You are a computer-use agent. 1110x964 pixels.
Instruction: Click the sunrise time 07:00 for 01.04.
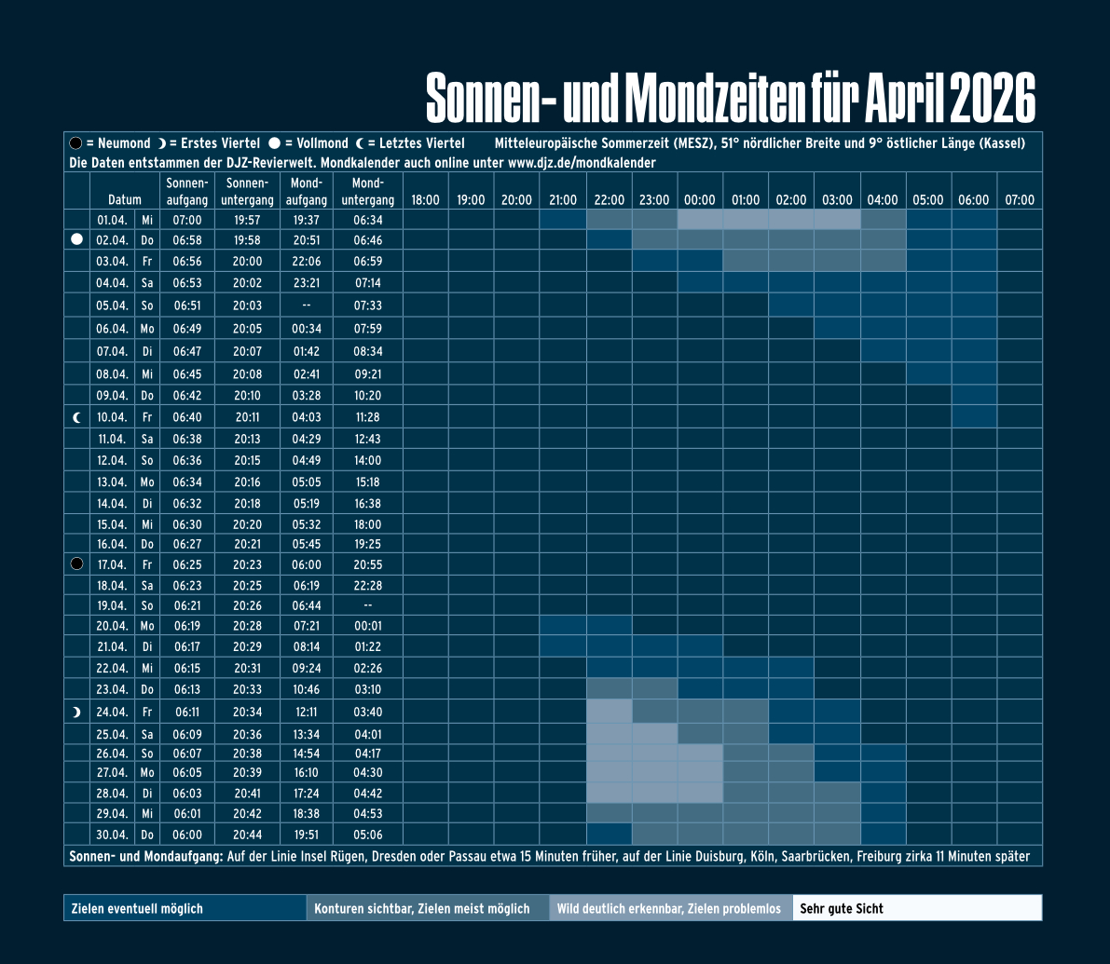tap(186, 221)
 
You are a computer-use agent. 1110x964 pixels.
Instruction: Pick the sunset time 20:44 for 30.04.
tap(247, 835)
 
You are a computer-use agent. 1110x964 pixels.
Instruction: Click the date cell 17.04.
tap(112, 564)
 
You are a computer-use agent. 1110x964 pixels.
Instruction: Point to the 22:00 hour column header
tap(609, 200)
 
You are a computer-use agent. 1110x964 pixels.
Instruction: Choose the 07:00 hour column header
tap(1020, 200)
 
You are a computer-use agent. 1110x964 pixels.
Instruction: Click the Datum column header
tap(125, 200)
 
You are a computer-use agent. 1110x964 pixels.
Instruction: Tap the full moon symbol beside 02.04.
tap(77, 240)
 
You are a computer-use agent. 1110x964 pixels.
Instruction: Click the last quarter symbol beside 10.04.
tap(77, 417)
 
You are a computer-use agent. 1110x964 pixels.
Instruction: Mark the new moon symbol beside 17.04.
tap(77, 564)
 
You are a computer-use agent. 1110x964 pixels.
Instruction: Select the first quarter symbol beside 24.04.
tap(77, 713)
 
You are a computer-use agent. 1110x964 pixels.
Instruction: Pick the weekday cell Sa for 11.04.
tap(147, 439)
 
